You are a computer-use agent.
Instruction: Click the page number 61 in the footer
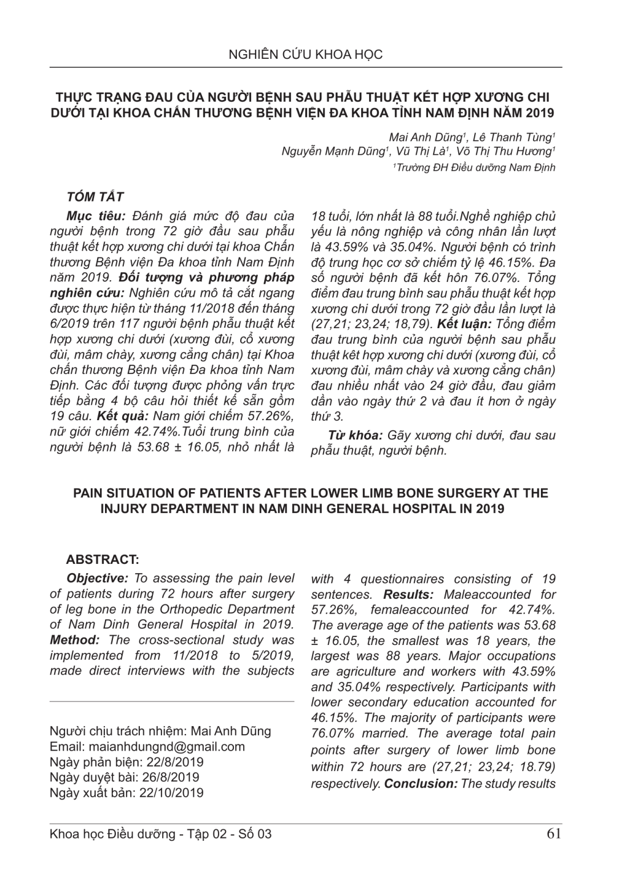pyautogui.click(x=554, y=834)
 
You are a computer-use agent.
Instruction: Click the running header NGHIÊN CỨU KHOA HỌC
pyautogui.click(x=305, y=55)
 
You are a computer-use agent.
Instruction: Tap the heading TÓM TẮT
pyautogui.click(x=95, y=197)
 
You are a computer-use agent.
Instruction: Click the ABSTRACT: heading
pyautogui.click(x=103, y=559)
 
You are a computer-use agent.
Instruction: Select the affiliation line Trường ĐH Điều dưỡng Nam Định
pyautogui.click(x=474, y=167)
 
